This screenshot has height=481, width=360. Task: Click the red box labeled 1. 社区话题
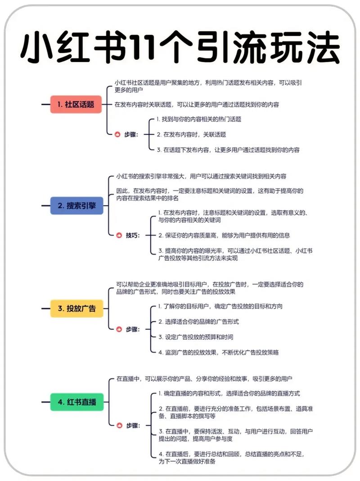pyautogui.click(x=76, y=104)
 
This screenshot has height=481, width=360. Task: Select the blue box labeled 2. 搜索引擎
pyautogui.click(x=77, y=206)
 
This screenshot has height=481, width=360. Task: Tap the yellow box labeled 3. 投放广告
pyautogui.click(x=77, y=308)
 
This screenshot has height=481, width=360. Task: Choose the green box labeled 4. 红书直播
pyautogui.click(x=77, y=402)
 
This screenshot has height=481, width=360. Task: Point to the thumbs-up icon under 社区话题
pyautogui.click(x=117, y=135)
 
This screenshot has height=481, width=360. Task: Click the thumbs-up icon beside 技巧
pyautogui.click(x=119, y=235)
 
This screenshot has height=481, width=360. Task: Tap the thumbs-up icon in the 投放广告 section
pyautogui.click(x=119, y=329)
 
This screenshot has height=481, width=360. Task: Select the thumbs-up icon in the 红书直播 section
pyautogui.click(x=119, y=426)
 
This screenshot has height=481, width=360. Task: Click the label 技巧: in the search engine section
pyautogui.click(x=133, y=235)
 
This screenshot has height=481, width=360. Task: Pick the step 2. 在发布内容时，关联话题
pyautogui.click(x=191, y=135)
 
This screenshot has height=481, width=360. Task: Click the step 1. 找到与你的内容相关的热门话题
pyautogui.click(x=198, y=119)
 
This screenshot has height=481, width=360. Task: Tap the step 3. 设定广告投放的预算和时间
pyautogui.click(x=196, y=337)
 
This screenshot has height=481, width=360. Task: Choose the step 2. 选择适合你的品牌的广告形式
pyautogui.click(x=198, y=321)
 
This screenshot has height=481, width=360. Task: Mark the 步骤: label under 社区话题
pyautogui.click(x=131, y=135)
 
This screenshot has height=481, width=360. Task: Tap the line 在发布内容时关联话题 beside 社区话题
pyautogui.click(x=197, y=104)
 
